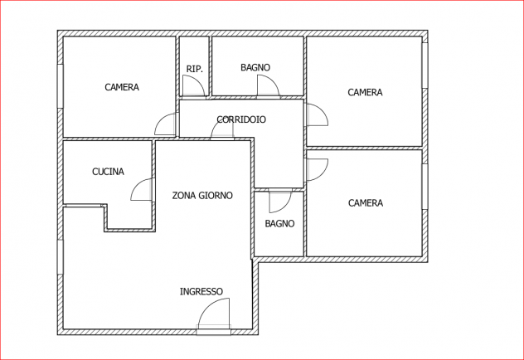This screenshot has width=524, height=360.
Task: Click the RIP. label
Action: (x=195, y=69)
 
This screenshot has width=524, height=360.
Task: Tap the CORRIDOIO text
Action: (x=241, y=119)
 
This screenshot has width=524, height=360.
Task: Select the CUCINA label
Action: (x=108, y=172)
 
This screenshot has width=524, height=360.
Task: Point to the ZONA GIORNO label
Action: (x=202, y=195)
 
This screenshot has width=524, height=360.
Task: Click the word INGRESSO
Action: (x=201, y=291)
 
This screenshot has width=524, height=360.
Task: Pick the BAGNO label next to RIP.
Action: (x=255, y=67)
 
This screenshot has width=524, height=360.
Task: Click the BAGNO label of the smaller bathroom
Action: (x=279, y=223)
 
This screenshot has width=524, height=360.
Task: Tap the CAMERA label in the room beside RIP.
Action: (x=122, y=87)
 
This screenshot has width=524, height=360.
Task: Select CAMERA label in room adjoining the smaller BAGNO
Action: (x=366, y=203)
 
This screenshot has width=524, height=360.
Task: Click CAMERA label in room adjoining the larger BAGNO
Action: (x=365, y=92)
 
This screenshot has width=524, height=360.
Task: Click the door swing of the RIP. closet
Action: (x=199, y=80)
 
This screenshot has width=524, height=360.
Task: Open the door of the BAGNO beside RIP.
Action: (x=274, y=80)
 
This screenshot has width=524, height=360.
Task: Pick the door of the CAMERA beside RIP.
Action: (x=160, y=119)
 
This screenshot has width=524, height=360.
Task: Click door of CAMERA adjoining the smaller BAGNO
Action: (x=323, y=175)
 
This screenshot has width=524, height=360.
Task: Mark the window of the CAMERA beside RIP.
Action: (x=60, y=86)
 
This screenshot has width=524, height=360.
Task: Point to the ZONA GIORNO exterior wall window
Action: (x=60, y=257)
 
